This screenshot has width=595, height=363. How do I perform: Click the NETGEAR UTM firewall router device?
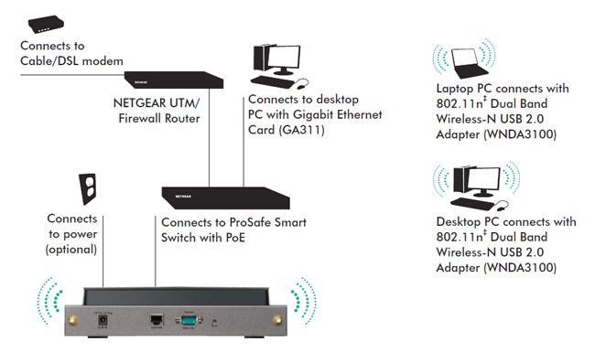[175, 77]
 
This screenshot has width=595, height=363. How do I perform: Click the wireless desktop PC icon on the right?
[474, 186]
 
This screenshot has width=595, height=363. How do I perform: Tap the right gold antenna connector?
[274, 320]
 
